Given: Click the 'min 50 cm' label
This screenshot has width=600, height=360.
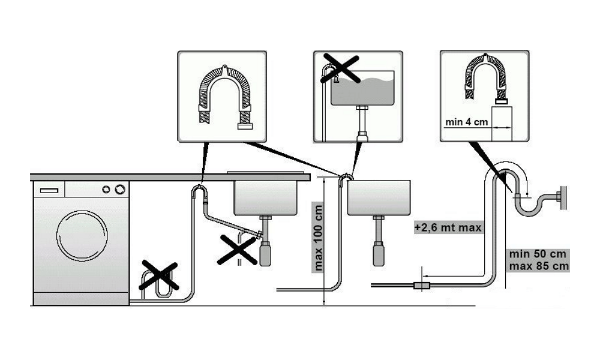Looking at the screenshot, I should click(x=537, y=253).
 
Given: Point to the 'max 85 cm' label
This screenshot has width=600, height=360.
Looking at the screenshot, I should click(x=537, y=265).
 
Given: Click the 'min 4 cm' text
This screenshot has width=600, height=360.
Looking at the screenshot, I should click(x=466, y=122).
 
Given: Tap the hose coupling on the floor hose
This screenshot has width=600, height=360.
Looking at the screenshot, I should click(x=421, y=284).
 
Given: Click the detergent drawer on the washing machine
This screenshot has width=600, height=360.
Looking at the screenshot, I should click(x=49, y=189).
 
